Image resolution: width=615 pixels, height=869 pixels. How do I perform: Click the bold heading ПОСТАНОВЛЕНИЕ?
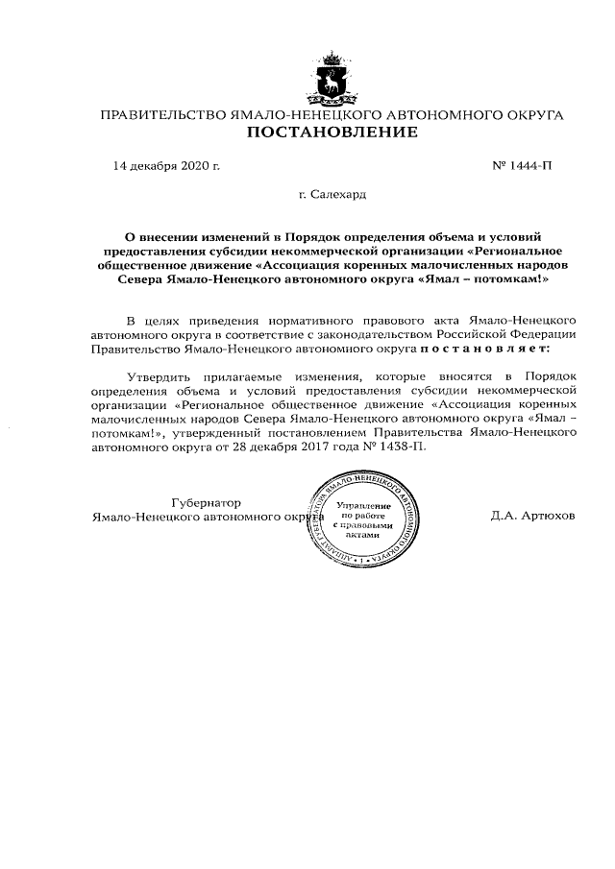pyautogui.click(x=332, y=133)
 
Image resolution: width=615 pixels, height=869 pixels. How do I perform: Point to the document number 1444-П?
pyautogui.click(x=530, y=166)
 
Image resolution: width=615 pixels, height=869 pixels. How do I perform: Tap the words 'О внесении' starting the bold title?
pyautogui.click(x=160, y=235)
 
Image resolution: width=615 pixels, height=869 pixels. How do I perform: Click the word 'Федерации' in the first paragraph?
pyautogui.click(x=543, y=335)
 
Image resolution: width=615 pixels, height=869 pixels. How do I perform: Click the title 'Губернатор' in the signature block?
pyautogui.click(x=206, y=502)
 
